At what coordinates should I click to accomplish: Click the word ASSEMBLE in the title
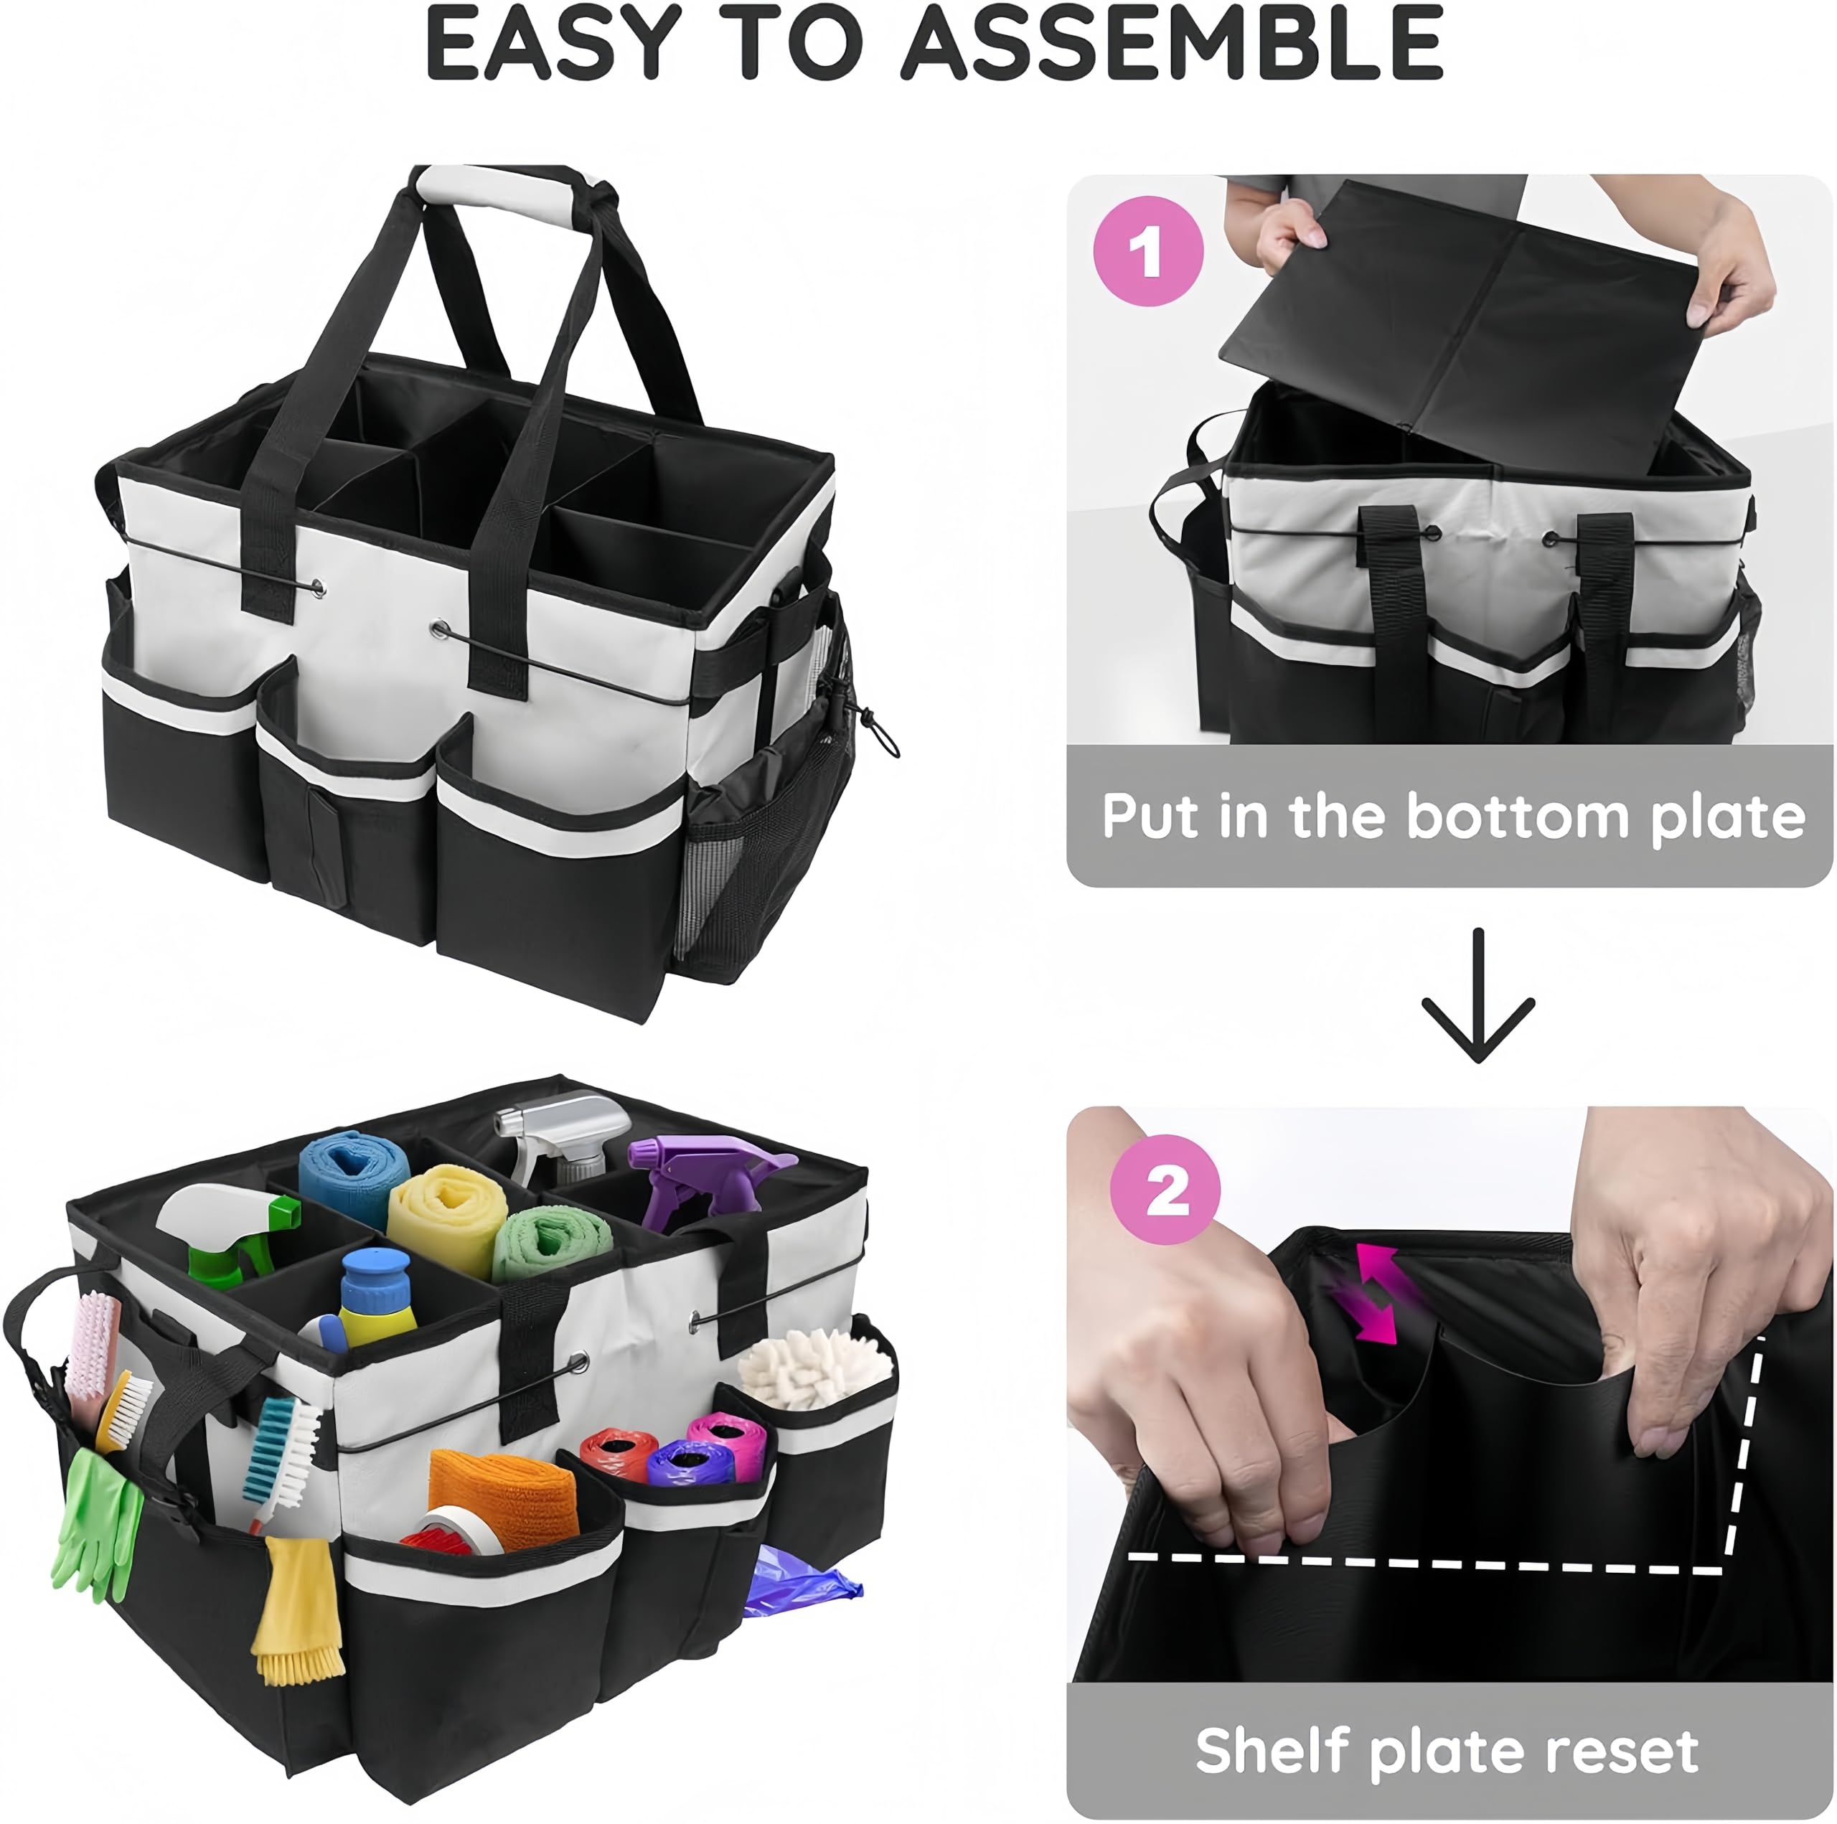1173,44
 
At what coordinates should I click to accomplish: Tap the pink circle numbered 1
1149,251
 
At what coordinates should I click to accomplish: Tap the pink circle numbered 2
1166,1190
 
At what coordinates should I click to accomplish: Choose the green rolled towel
550,1243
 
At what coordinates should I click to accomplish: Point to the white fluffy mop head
815,1367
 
